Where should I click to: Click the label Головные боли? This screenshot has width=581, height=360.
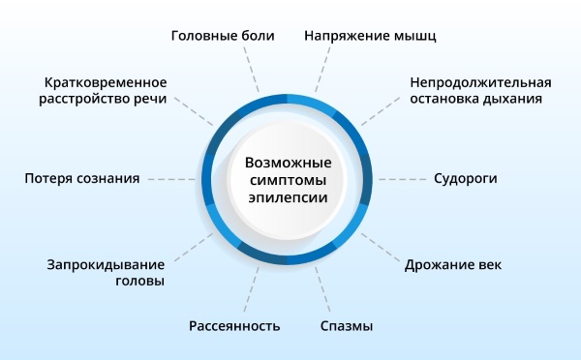click(223, 36)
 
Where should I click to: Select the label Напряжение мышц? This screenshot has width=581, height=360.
click(370, 36)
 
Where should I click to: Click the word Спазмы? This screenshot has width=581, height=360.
click(347, 325)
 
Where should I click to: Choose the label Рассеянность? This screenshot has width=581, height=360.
click(234, 325)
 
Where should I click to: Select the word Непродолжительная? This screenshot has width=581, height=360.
click(480, 81)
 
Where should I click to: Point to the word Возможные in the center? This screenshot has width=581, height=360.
click(288, 162)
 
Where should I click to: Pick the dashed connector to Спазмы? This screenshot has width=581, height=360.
click(322, 288)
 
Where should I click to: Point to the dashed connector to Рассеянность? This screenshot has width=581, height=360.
click(254, 288)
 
